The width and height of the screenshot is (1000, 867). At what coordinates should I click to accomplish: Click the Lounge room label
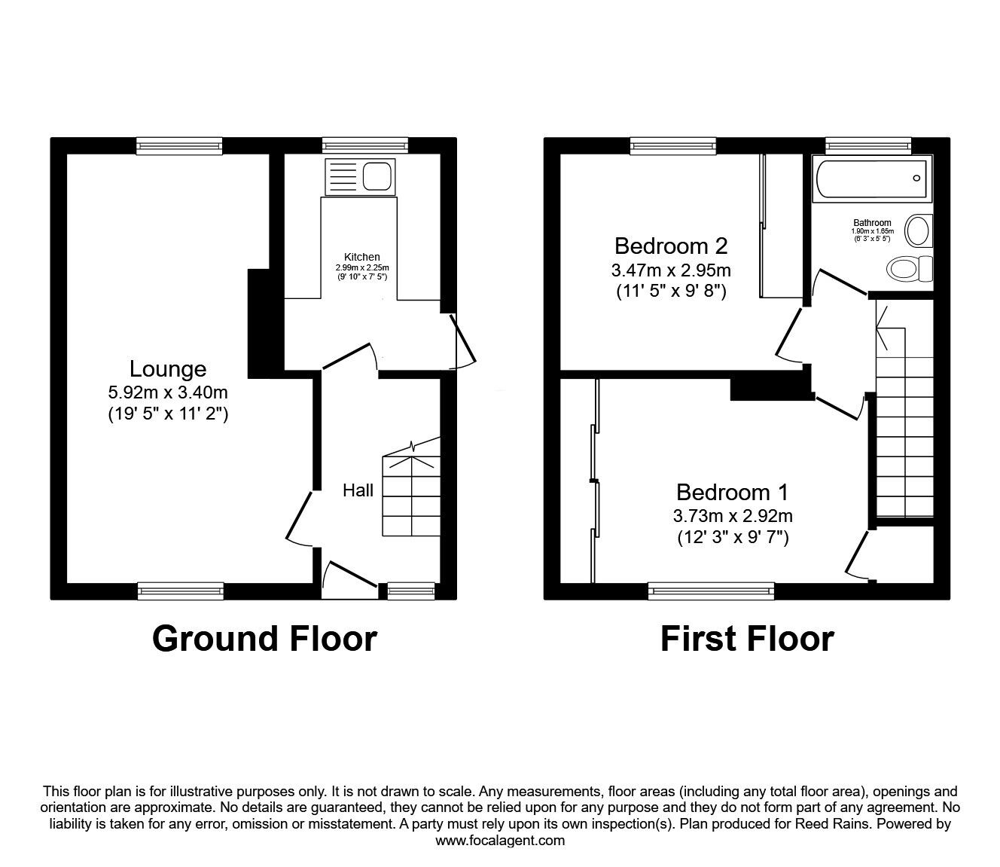(x=168, y=369)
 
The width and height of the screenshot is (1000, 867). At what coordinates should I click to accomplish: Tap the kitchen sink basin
(x=377, y=176)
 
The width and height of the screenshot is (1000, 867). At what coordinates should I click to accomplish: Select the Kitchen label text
(x=362, y=257)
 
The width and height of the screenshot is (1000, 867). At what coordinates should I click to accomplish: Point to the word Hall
(x=358, y=490)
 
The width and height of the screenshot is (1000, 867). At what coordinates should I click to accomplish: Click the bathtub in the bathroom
(x=871, y=178)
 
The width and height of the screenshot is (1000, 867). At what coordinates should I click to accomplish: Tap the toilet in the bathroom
(x=910, y=268)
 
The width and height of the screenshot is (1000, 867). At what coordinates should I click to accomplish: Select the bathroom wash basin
(x=919, y=231)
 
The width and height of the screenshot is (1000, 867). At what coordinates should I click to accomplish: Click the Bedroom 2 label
(x=671, y=246)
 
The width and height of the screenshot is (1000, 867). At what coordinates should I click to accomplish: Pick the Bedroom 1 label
(x=733, y=493)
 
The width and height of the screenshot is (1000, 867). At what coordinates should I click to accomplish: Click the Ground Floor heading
(x=264, y=639)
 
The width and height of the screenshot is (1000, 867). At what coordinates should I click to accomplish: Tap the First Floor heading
(x=748, y=639)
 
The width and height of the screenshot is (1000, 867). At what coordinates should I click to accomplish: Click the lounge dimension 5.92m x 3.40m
(x=168, y=392)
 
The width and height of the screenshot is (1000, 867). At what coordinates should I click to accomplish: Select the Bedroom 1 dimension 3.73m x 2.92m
(x=733, y=516)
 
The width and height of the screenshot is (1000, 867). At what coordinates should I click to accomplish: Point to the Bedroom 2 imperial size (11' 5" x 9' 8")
(x=672, y=292)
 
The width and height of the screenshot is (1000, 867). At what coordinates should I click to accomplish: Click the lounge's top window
(x=179, y=145)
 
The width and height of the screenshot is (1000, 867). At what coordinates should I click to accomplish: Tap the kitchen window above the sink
(x=366, y=145)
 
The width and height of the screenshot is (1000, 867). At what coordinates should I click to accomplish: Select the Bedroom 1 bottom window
(x=711, y=591)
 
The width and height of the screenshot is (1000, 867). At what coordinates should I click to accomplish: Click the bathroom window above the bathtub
(x=868, y=145)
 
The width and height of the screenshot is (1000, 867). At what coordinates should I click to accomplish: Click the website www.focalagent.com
(x=500, y=841)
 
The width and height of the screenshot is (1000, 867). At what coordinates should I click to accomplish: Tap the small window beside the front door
(x=411, y=591)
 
